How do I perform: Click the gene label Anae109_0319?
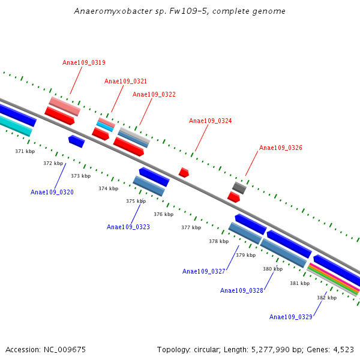click(x=84, y=62)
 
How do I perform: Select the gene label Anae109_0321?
click(x=125, y=81)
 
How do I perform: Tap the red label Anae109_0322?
click(x=154, y=94)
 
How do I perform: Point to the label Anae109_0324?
click(x=210, y=121)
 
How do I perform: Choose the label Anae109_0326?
click(x=280, y=148)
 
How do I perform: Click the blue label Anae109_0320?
click(x=52, y=192)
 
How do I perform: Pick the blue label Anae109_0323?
click(x=128, y=227)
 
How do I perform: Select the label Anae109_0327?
click(x=204, y=271)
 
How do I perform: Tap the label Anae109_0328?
click(x=242, y=290)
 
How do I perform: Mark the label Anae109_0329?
click(x=291, y=317)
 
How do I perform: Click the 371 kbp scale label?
click(x=25, y=152)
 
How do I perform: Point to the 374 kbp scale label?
click(x=108, y=188)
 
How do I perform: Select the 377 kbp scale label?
click(x=191, y=227)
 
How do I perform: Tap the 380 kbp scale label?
click(x=272, y=269)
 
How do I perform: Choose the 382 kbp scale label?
click(x=326, y=298)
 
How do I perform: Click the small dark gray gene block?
click(x=239, y=188)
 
